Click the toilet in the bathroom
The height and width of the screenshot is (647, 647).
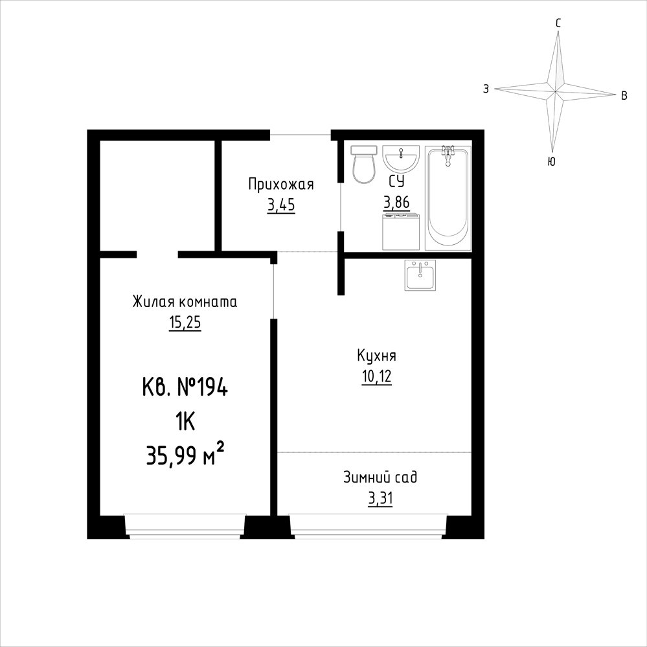point(363,165)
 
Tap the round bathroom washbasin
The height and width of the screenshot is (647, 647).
point(401,158)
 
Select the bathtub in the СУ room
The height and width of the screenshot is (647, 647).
point(448,198)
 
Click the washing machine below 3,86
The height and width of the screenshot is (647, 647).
point(401,232)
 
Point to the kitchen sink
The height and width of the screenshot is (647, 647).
point(420,275)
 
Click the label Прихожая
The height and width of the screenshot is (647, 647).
point(281,184)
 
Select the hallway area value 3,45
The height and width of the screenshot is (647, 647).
point(281,205)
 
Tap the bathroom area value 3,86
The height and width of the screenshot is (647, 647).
point(396,202)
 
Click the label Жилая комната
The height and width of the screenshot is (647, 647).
point(185,302)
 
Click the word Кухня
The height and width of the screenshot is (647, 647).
point(376,356)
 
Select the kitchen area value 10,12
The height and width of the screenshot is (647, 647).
point(376,376)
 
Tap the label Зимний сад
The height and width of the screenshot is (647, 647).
point(380,477)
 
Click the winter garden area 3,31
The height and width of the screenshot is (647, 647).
point(380,499)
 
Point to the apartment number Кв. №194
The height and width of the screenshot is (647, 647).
point(185,388)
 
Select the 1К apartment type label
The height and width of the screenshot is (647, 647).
point(185,422)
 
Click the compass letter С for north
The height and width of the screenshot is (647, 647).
point(558,23)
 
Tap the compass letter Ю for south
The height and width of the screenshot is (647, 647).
point(551,161)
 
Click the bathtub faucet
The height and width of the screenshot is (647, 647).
point(448,155)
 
